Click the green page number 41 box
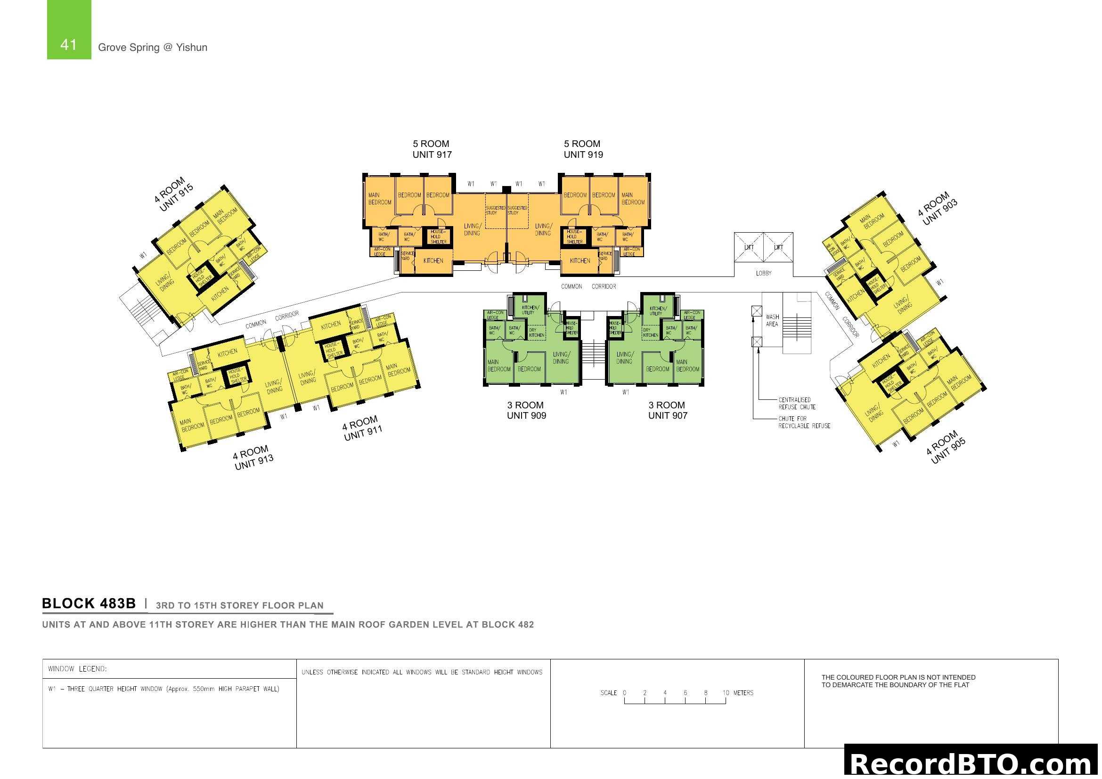tap(69, 30)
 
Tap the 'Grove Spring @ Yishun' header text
tap(153, 48)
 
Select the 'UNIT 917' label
tap(432, 154)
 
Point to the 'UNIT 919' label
tap(583, 154)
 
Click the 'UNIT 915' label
tap(176, 198)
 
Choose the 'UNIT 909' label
tap(527, 416)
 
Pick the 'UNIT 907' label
tap(668, 416)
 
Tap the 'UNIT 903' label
tap(940, 211)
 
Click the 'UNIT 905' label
tap(948, 451)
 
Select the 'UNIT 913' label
tap(254, 462)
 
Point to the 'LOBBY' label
tap(764, 274)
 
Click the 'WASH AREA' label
tap(772, 320)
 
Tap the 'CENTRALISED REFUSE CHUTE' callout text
tap(797, 404)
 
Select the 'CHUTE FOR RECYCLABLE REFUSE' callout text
tap(804, 422)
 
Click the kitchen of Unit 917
tap(433, 261)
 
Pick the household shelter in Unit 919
tap(574, 236)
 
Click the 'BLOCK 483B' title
tap(89, 603)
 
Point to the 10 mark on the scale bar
tap(726, 693)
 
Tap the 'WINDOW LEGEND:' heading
tap(77, 669)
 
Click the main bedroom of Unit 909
tap(498, 366)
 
